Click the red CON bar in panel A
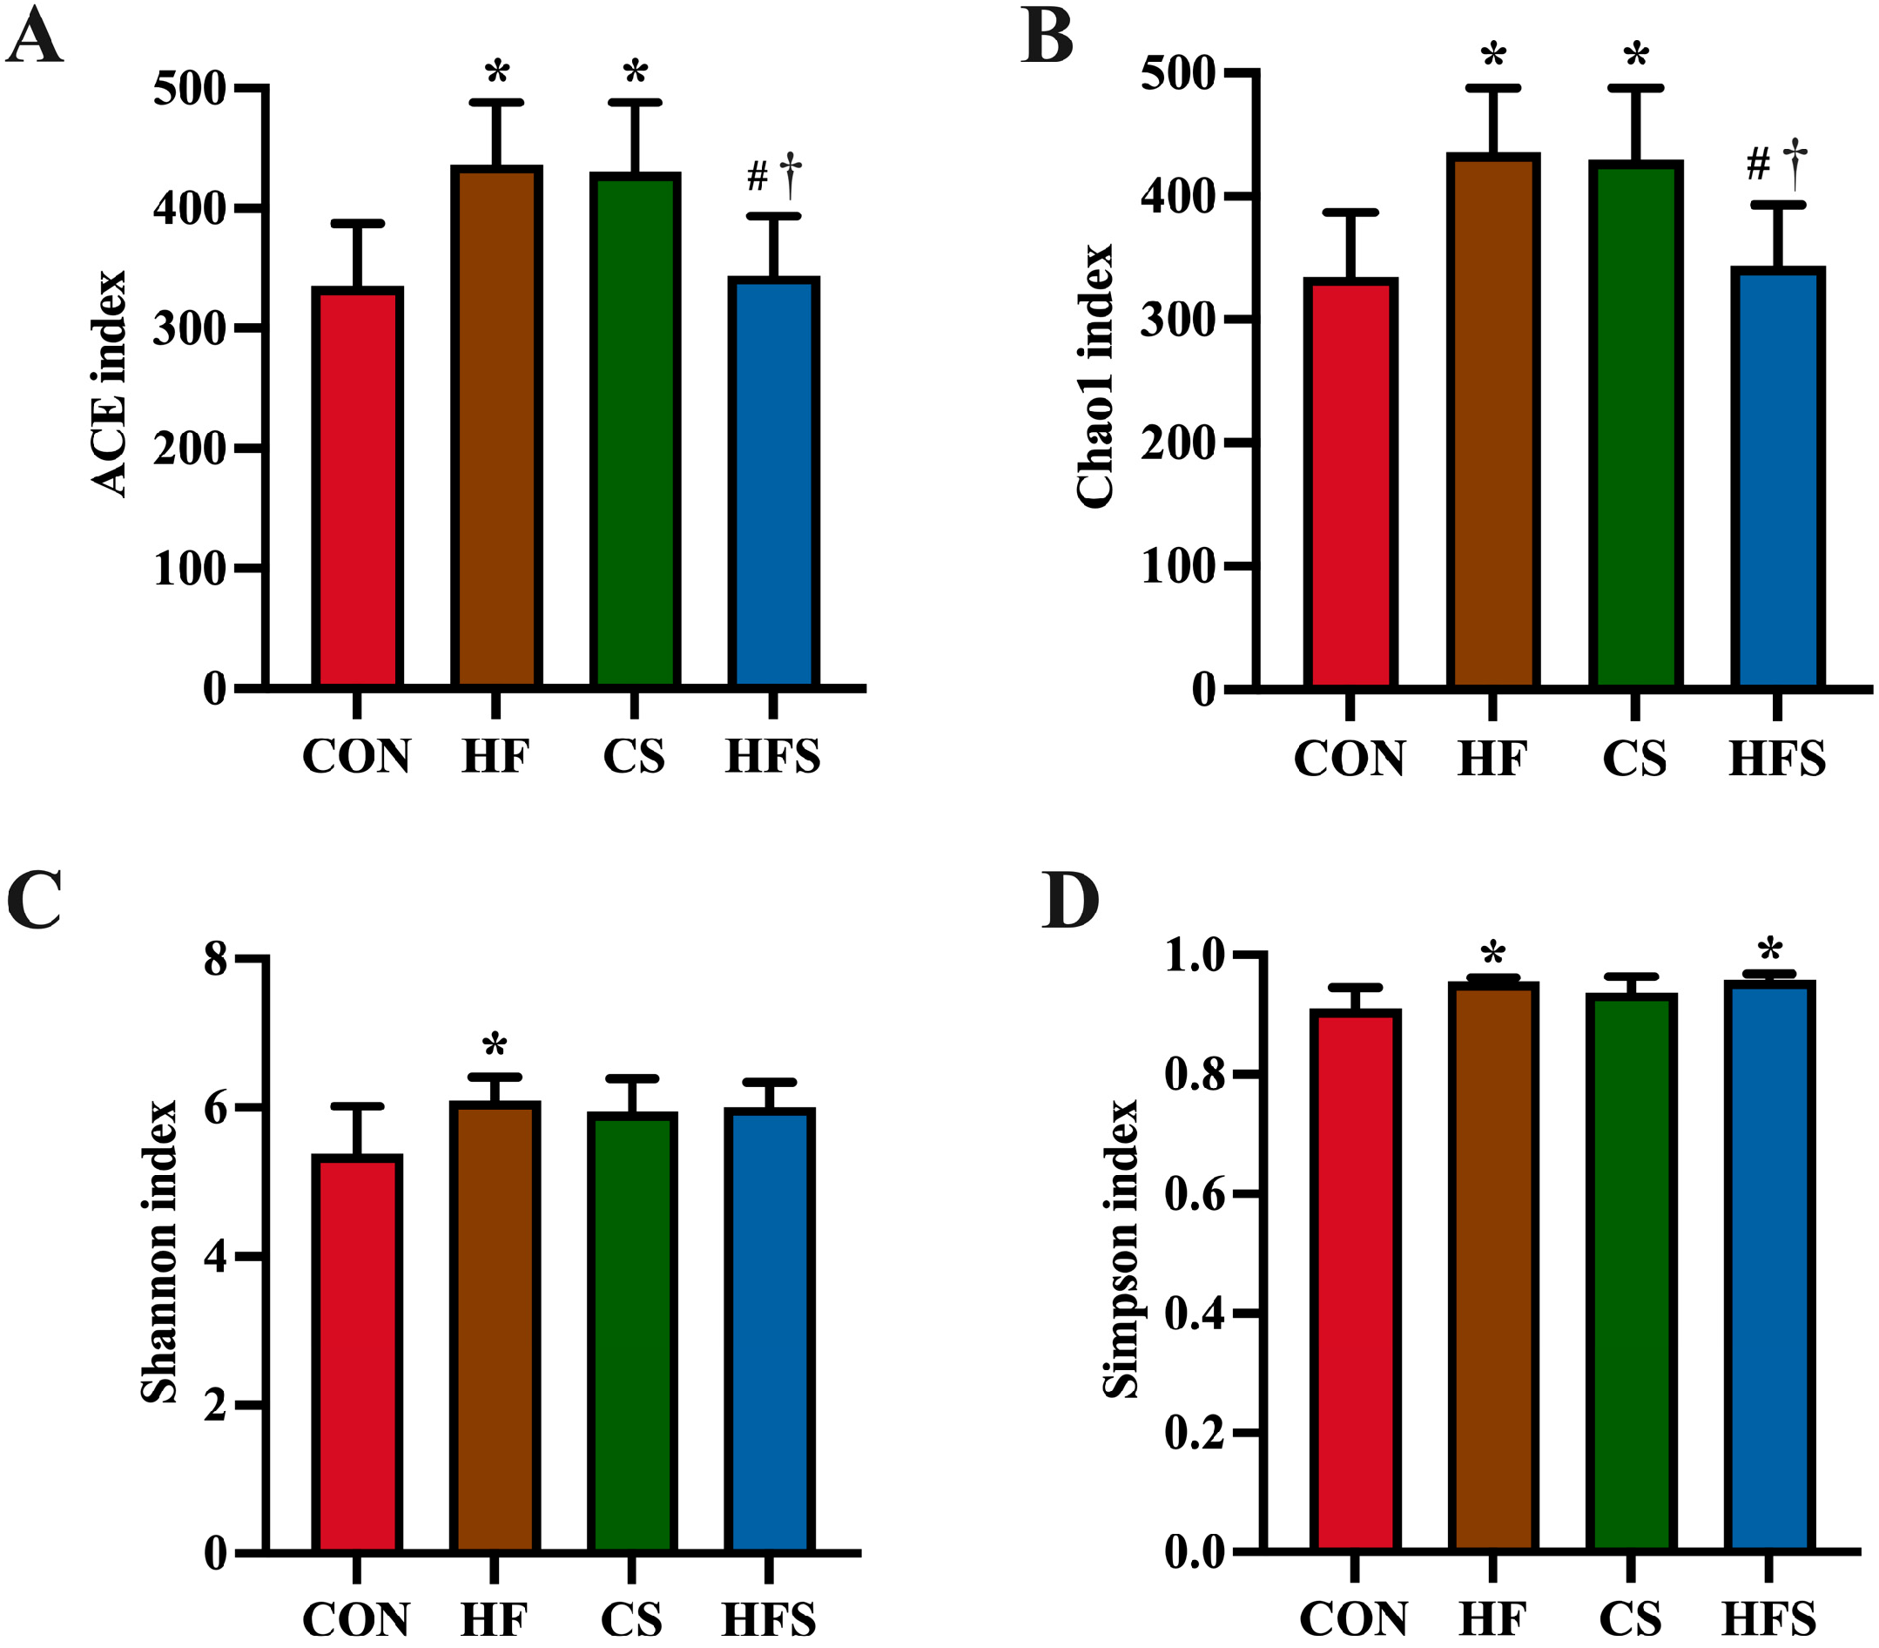[x=357, y=488]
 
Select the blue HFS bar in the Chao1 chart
[x=1777, y=478]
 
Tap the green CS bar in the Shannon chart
[x=632, y=1334]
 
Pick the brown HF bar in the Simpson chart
[x=1492, y=1269]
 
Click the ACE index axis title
[x=109, y=384]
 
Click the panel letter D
[x=1070, y=902]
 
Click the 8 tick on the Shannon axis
[x=215, y=960]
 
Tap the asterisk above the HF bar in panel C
[x=495, y=1045]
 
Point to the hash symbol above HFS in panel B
[x=1758, y=165]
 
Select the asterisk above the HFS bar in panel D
[x=1769, y=950]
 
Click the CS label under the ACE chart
[x=633, y=757]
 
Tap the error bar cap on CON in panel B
[x=1350, y=213]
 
